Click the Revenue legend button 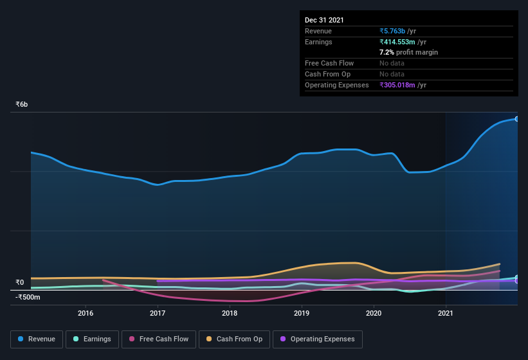point(37,339)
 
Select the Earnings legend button point(91,339)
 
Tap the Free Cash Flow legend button point(159,339)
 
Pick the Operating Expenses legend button point(317,339)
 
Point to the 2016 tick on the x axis point(86,313)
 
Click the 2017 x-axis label point(158,313)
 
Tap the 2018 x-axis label point(230,313)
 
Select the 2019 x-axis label point(302,313)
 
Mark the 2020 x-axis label point(374,313)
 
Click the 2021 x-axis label point(446,313)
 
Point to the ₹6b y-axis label point(22,104)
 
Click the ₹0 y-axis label point(20,282)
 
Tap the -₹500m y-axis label point(28,297)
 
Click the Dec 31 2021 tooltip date point(324,20)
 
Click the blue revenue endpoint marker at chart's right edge point(517,119)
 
